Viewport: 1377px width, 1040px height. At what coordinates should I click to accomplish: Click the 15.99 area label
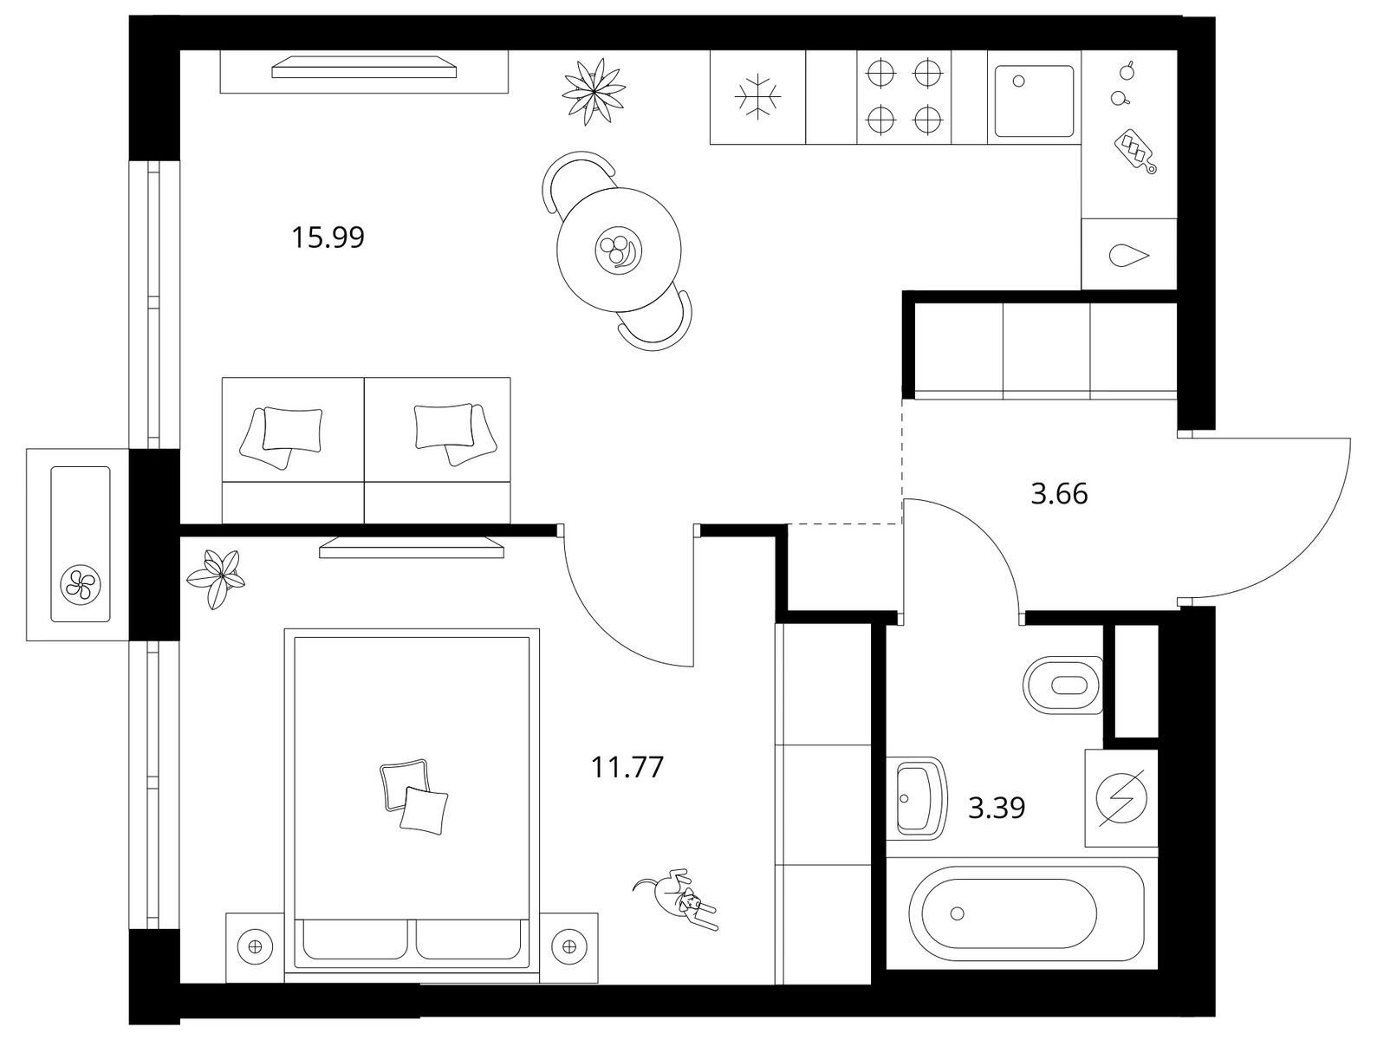(328, 237)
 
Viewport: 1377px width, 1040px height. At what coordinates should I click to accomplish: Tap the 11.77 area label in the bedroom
(627, 767)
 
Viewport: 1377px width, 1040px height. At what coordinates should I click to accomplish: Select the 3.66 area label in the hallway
(1059, 494)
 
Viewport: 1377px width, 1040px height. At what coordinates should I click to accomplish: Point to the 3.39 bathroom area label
(997, 808)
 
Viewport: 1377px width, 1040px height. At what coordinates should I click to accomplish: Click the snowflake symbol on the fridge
(757, 96)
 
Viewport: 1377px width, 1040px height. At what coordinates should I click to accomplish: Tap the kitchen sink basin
(1033, 101)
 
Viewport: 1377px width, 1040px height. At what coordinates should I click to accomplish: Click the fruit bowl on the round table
(619, 250)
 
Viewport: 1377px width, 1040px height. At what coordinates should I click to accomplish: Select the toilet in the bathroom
(1062, 685)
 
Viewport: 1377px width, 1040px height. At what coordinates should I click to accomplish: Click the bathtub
(1026, 913)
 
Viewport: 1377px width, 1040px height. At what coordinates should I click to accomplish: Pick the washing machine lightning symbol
(1121, 798)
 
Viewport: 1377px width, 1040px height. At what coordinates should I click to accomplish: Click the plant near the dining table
(594, 92)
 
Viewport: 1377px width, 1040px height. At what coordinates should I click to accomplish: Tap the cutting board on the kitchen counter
(1135, 151)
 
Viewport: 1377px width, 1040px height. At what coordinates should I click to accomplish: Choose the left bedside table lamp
(256, 946)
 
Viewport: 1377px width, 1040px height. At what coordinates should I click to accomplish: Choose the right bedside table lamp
(569, 946)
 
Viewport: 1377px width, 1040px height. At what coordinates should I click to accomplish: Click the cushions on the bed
(414, 796)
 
